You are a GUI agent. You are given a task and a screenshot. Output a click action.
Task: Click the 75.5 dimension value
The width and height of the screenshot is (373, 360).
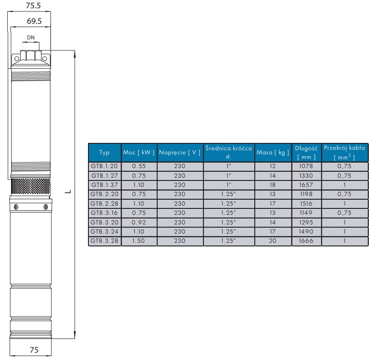(x=33, y=5)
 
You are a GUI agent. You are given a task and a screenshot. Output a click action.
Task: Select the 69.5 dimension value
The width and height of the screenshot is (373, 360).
(x=34, y=21)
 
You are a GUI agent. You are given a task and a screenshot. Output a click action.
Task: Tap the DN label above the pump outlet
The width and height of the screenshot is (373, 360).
(x=31, y=38)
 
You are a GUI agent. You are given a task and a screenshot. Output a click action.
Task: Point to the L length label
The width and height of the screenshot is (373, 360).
(x=68, y=191)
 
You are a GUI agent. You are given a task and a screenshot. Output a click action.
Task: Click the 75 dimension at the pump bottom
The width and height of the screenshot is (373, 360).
(x=34, y=350)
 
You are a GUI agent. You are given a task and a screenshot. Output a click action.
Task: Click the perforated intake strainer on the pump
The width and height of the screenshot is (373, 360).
(x=30, y=186)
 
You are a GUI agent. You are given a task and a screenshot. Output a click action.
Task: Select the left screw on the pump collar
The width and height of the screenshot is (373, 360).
(x=16, y=207)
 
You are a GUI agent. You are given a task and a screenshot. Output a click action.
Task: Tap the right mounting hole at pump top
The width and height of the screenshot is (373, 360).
(x=44, y=59)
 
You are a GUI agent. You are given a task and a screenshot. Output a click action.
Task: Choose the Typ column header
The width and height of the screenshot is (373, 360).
(x=104, y=153)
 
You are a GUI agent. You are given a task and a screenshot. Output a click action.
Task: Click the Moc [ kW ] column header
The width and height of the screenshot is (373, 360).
(x=139, y=153)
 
